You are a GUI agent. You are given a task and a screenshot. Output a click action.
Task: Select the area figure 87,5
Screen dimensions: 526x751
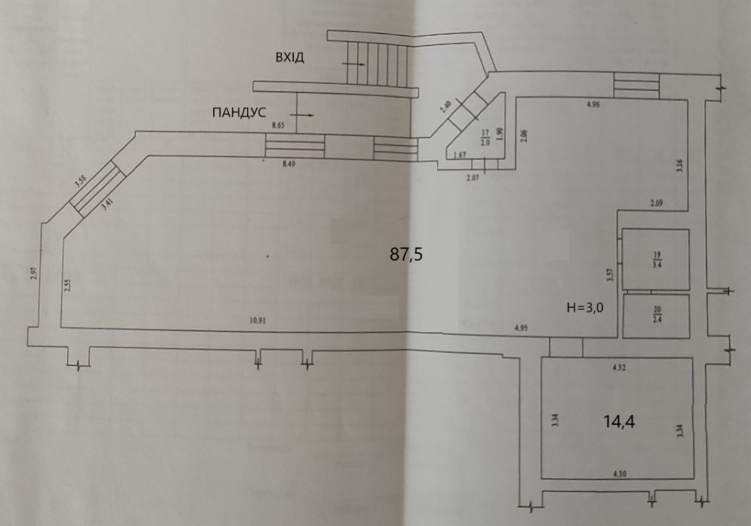pos(406,255)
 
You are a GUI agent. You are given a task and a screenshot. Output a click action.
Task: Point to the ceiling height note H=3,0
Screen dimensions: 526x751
pos(585,308)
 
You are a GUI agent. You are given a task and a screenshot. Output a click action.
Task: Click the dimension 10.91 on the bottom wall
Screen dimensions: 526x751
pos(257,320)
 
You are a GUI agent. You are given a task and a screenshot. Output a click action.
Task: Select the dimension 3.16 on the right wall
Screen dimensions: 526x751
pos(680,165)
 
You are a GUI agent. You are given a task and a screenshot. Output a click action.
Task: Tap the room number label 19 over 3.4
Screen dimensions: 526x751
pos(656,260)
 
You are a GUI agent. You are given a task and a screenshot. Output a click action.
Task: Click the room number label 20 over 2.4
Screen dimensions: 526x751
pos(656,315)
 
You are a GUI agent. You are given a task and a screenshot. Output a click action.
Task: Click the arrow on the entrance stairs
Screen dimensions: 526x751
pos(354,65)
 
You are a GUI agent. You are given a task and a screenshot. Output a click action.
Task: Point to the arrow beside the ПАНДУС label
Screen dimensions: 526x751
pos(302,115)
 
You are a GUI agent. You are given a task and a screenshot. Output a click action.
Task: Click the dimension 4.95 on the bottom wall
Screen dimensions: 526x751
pos(522,327)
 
